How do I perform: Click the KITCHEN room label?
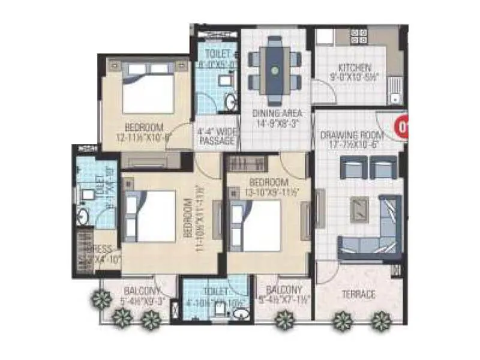coord(355,68)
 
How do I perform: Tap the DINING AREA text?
coord(276,113)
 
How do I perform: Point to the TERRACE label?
coord(359,295)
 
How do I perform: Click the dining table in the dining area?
coord(275,70)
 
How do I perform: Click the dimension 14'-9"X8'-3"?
coord(276,122)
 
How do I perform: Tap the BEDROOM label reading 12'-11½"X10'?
coord(145,127)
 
